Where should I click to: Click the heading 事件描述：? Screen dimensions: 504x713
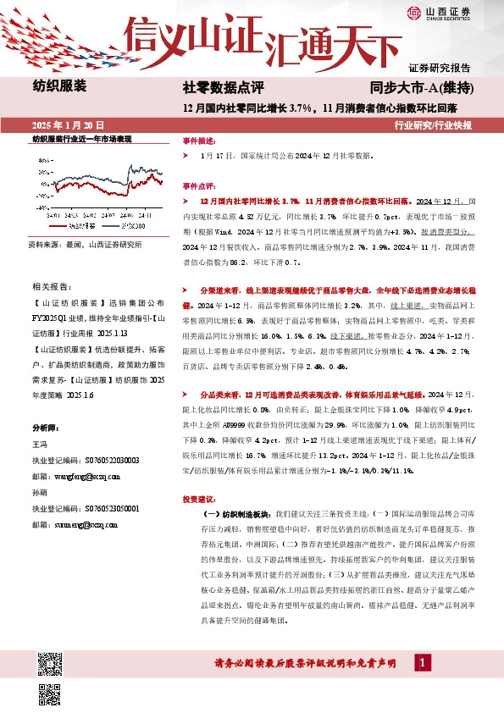(x=200, y=140)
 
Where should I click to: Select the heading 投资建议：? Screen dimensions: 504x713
(x=200, y=499)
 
